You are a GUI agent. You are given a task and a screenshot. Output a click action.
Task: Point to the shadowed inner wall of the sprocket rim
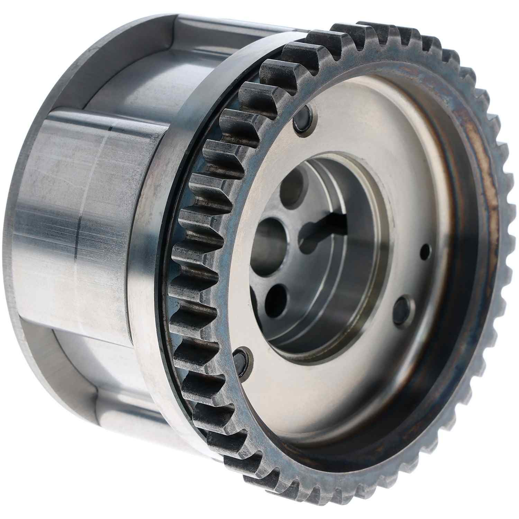460,311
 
